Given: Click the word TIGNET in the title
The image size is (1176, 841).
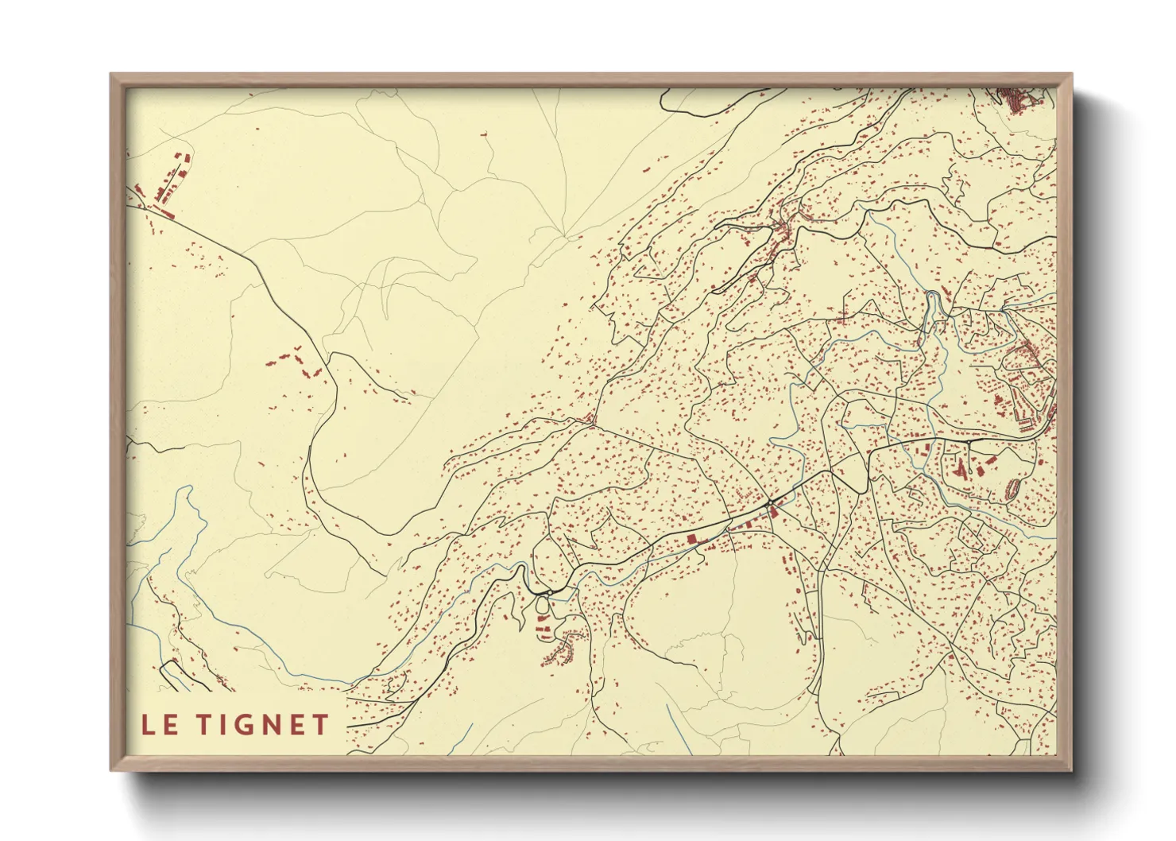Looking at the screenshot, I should (x=263, y=724).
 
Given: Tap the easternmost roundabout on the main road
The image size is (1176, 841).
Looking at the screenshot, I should (x=969, y=439).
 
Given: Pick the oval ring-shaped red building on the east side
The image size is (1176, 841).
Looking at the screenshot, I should (x=1012, y=488).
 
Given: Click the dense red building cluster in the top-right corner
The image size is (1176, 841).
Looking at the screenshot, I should (x=1013, y=99).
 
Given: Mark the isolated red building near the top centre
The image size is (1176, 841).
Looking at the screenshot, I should (x=482, y=136).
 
